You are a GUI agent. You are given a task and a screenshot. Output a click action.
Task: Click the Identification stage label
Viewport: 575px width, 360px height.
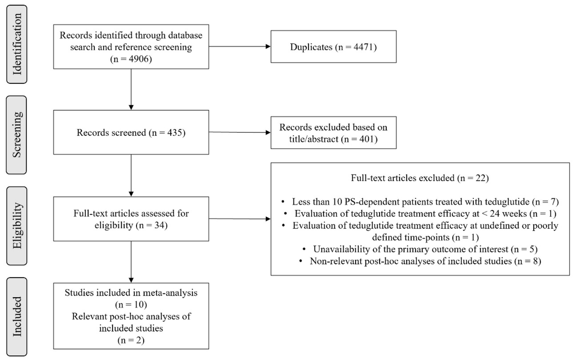[17, 44]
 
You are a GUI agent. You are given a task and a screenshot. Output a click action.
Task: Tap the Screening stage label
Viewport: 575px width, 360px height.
[17, 135]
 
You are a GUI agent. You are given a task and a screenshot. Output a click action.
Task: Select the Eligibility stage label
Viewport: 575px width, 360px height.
[17, 226]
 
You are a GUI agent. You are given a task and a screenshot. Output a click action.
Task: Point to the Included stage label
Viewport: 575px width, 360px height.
[17, 316]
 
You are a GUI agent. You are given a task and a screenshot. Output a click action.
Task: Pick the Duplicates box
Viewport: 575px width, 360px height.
[333, 46]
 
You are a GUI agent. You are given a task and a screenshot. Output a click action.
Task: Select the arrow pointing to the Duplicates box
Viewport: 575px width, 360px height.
[240, 46]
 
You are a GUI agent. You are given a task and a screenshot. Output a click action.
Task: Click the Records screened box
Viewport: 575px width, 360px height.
[131, 132]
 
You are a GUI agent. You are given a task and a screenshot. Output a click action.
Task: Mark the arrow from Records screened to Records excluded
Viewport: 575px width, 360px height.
[240, 132]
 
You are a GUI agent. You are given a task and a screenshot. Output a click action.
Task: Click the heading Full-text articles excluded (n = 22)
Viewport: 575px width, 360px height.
[420, 178]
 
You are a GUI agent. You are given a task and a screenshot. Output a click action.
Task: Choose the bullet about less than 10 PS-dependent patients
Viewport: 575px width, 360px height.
[420, 202]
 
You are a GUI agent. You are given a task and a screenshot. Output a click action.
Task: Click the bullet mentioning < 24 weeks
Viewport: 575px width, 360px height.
[420, 214]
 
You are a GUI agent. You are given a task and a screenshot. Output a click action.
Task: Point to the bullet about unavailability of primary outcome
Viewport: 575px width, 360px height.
[420, 249]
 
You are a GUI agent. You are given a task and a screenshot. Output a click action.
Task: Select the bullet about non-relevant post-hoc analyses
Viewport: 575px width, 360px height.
[420, 261]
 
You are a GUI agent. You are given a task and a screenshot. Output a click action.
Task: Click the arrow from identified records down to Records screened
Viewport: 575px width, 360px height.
[131, 89]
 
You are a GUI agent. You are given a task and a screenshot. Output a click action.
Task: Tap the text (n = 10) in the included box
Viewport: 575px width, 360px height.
[131, 304]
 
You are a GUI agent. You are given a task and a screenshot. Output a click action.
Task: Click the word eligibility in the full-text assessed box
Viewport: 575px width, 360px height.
[114, 225]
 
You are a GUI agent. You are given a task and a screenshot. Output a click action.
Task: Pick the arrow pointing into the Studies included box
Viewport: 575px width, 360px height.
[131, 262]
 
